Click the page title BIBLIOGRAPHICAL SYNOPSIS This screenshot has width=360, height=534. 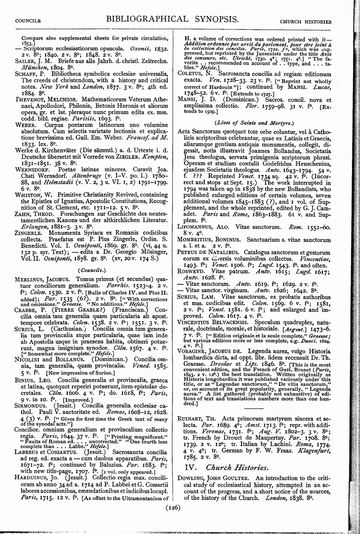(x=180, y=20)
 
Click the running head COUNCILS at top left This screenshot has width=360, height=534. (x=29, y=22)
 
